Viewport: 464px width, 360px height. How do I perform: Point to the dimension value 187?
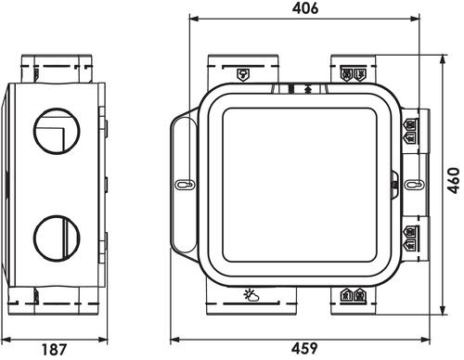(x=56, y=349)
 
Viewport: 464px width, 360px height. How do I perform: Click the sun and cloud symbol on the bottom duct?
(x=251, y=296)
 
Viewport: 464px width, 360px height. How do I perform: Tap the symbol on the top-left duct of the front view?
(x=243, y=73)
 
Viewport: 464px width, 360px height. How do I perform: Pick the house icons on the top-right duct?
(x=351, y=73)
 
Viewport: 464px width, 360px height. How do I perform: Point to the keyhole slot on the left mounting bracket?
(x=183, y=185)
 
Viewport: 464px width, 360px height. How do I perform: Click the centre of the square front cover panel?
(x=297, y=184)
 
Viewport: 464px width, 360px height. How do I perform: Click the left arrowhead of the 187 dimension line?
(x=6, y=338)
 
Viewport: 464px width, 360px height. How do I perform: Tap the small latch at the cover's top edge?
(x=297, y=89)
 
